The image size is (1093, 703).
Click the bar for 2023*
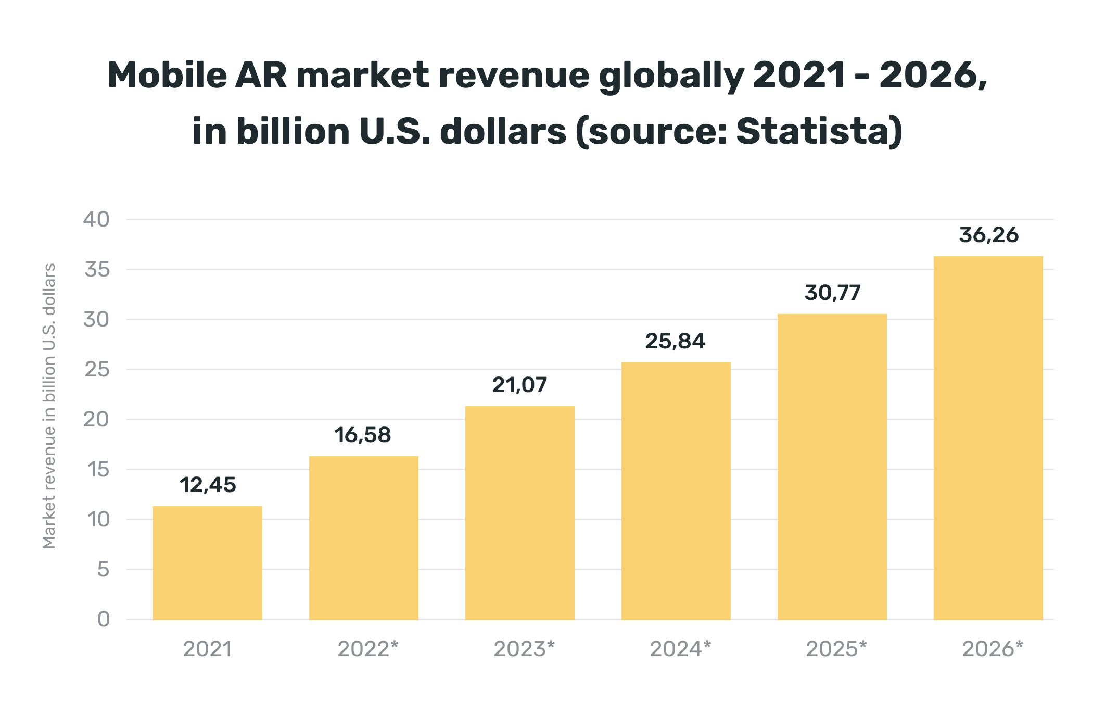[x=519, y=513]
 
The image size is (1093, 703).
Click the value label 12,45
[x=208, y=485]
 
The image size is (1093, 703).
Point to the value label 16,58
[x=362, y=435]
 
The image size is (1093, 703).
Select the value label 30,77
[x=832, y=293]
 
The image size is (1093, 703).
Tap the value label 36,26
[x=988, y=235]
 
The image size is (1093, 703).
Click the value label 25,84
[x=675, y=341]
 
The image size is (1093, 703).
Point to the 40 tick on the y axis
[x=97, y=220]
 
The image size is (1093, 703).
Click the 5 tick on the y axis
[x=103, y=570]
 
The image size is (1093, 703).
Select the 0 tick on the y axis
[x=103, y=620]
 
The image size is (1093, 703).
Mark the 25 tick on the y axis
[x=97, y=370]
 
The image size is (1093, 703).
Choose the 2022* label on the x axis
[x=367, y=649]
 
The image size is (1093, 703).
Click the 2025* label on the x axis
[x=836, y=649]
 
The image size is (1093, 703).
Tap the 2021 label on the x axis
[x=207, y=649]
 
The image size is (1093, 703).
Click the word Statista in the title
[x=819, y=131]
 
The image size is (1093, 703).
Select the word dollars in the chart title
[x=503, y=131]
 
